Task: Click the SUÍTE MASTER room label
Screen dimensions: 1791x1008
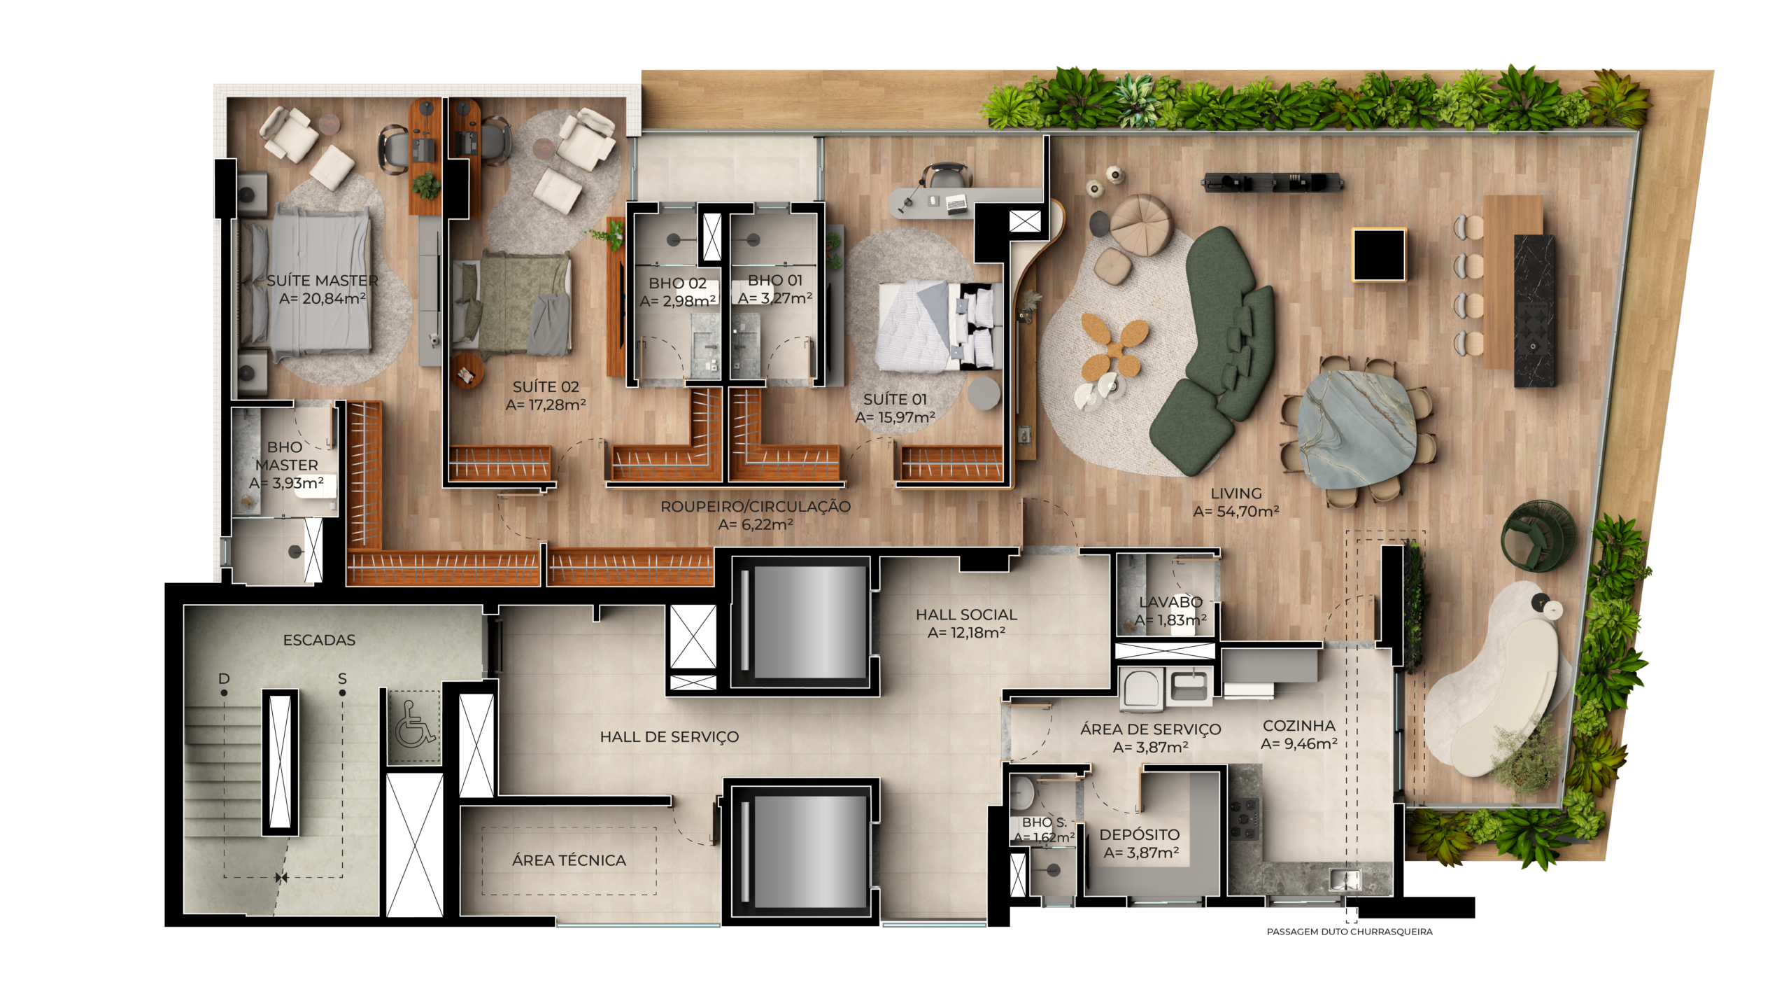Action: point(322,280)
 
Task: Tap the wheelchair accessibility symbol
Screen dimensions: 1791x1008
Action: point(415,724)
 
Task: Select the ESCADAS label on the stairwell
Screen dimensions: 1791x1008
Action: point(319,640)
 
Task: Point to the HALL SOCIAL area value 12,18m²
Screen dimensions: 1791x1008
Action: point(966,633)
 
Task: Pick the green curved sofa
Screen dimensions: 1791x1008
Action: point(1214,350)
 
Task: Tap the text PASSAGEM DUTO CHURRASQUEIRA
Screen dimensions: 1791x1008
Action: point(1350,932)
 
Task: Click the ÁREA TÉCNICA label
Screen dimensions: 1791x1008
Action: point(569,860)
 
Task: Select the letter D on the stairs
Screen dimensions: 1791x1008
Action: point(224,678)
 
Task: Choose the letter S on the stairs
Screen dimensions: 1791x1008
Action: point(342,678)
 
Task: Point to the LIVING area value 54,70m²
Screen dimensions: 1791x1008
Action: point(1236,512)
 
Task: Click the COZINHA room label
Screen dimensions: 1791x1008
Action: point(1299,726)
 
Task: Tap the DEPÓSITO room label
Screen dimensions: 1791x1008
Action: point(1140,834)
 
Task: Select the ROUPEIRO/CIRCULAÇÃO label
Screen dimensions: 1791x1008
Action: point(756,506)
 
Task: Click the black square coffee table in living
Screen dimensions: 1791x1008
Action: point(1379,255)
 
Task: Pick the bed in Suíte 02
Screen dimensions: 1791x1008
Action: point(512,303)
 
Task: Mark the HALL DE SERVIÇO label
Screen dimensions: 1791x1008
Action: point(669,736)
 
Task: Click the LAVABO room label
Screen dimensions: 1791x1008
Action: point(1170,602)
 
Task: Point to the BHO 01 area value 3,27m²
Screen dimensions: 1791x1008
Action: point(775,298)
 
